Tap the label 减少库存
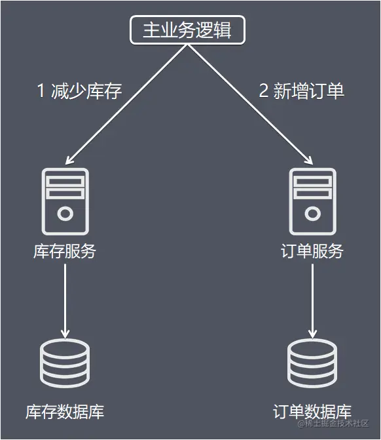[x=86, y=91]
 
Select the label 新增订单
[x=309, y=91]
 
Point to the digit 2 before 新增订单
[x=264, y=91]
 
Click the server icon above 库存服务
[x=64, y=201]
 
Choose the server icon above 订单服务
[x=312, y=201]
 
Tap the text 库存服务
[x=64, y=252]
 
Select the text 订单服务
[x=312, y=252]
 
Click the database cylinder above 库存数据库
[x=64, y=364]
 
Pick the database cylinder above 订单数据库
[x=312, y=364]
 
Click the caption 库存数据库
[x=64, y=412]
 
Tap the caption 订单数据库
[x=312, y=412]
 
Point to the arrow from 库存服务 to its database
[x=64, y=298]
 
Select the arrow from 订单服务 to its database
[x=312, y=298]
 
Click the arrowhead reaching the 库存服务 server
[x=70, y=159]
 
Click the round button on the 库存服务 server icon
[x=64, y=214]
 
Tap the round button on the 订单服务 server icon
[x=312, y=214]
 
